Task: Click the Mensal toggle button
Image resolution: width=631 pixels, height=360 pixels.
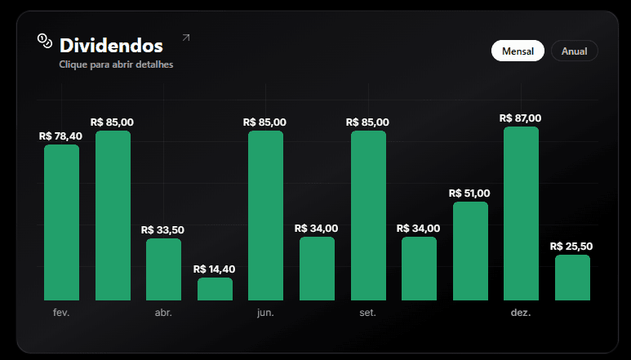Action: click(x=518, y=51)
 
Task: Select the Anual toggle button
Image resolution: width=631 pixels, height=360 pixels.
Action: click(x=575, y=51)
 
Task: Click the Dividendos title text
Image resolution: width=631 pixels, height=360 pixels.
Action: click(x=111, y=46)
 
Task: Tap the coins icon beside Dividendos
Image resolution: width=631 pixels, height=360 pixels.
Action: click(x=44, y=40)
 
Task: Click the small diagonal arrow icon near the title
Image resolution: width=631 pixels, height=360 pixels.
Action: click(x=185, y=38)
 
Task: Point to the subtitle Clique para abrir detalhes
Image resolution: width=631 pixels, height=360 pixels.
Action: click(x=116, y=64)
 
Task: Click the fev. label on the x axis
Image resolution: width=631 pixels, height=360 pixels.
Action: click(x=61, y=313)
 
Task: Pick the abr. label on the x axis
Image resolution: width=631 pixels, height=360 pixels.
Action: click(x=163, y=313)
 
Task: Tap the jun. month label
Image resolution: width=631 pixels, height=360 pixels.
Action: click(x=265, y=313)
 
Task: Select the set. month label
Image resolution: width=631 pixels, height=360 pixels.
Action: click(x=367, y=313)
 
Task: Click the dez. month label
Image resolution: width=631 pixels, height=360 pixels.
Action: click(x=521, y=313)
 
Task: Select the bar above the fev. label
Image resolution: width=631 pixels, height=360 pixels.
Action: click(x=61, y=222)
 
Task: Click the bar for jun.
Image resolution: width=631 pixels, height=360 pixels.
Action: click(x=265, y=216)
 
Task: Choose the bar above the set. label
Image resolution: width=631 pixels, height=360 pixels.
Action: click(x=367, y=216)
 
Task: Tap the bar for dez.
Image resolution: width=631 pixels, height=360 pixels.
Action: click(x=521, y=213)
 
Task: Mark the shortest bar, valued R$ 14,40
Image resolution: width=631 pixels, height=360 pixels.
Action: click(x=215, y=289)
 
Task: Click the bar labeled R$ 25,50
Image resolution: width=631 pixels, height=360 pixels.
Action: click(x=572, y=278)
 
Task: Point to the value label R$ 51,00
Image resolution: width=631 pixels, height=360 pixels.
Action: click(x=469, y=193)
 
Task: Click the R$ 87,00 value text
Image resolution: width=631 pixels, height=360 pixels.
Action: click(x=520, y=118)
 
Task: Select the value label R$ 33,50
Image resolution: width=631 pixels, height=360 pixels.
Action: click(x=162, y=230)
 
